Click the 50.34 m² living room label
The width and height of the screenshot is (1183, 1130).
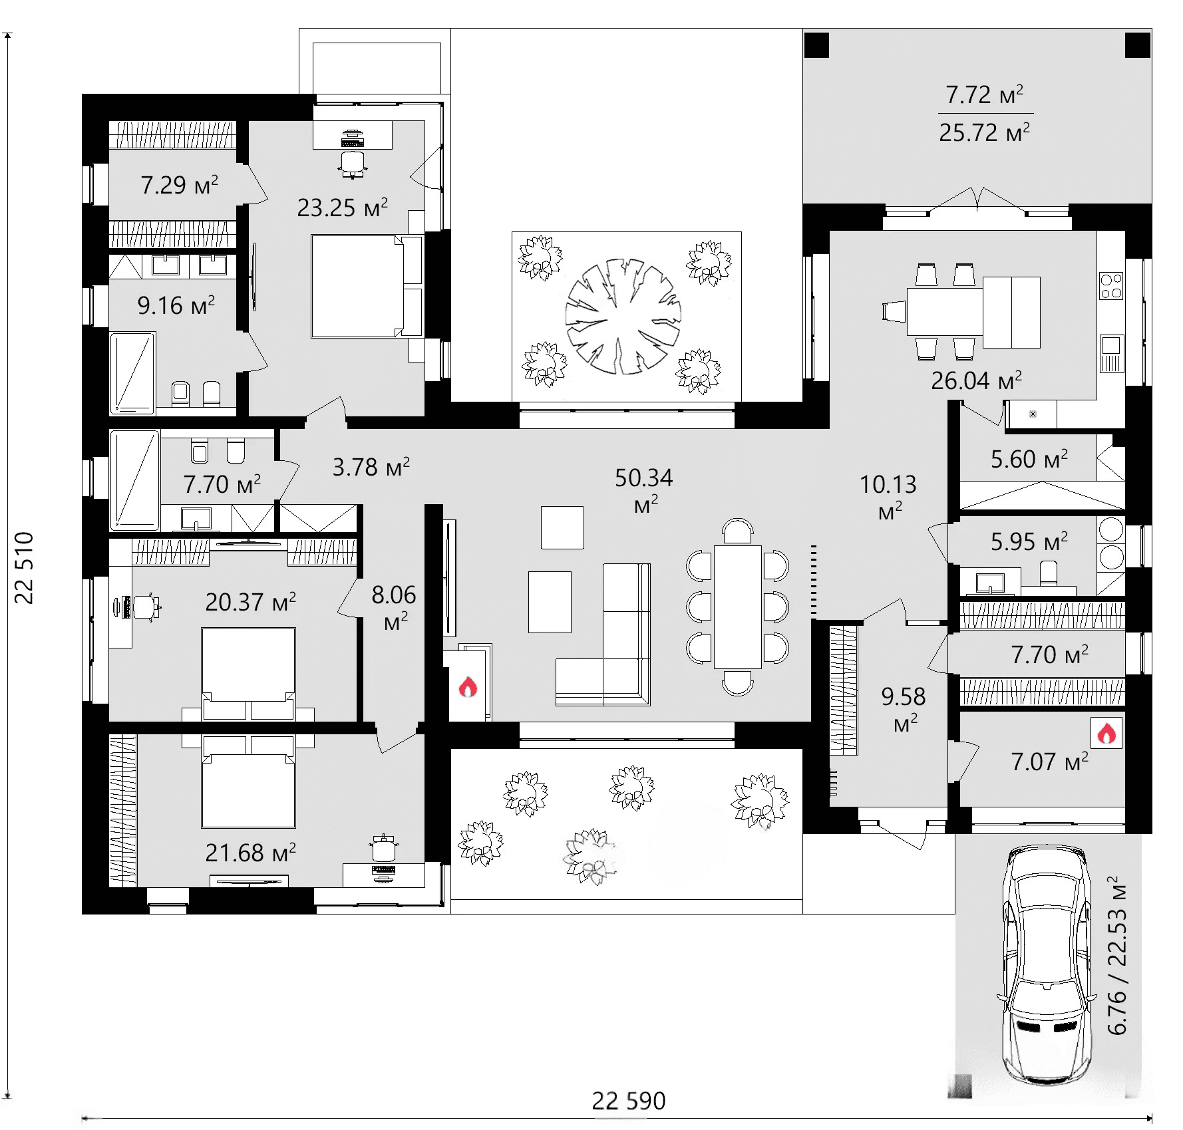[644, 490]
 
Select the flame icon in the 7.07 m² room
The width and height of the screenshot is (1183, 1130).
[1106, 733]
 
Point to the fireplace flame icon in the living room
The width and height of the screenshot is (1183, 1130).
[468, 686]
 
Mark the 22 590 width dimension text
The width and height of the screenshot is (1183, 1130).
[629, 1101]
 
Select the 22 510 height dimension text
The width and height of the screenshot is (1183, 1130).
[24, 567]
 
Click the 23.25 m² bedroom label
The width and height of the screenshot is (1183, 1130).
[342, 208]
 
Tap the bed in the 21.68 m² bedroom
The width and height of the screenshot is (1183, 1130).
[248, 781]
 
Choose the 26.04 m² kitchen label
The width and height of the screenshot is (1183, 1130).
[976, 380]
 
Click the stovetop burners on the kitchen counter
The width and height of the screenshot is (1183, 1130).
[1111, 286]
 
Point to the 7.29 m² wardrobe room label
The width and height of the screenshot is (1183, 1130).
[179, 184]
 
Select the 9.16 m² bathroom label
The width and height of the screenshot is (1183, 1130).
[176, 305]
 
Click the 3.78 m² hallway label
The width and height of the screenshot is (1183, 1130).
[371, 467]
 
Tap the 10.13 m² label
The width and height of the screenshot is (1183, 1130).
[888, 497]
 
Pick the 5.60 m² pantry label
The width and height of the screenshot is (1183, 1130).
[1029, 459]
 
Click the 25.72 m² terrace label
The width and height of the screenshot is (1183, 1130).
[984, 132]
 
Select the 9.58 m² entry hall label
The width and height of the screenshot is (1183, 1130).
[904, 709]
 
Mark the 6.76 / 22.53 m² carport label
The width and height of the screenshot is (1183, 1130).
[1117, 955]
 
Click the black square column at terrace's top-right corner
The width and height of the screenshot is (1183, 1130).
[1137, 45]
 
